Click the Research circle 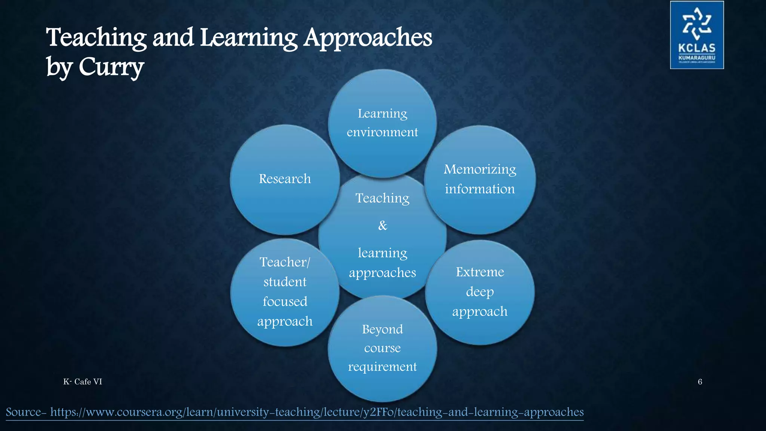(x=285, y=180)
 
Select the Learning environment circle (x=382, y=123)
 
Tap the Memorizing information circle (x=480, y=180)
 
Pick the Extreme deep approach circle (x=480, y=292)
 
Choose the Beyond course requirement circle (x=382, y=348)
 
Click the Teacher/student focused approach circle (x=285, y=292)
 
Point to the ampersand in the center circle (x=383, y=226)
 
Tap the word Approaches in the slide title (x=368, y=38)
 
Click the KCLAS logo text (x=697, y=48)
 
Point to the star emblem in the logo (x=697, y=24)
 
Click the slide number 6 (x=700, y=382)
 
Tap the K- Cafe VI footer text (x=83, y=382)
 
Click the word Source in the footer (x=24, y=412)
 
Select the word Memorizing (x=480, y=170)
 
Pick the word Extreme (x=480, y=272)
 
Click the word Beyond (x=382, y=329)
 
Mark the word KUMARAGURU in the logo (x=697, y=58)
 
